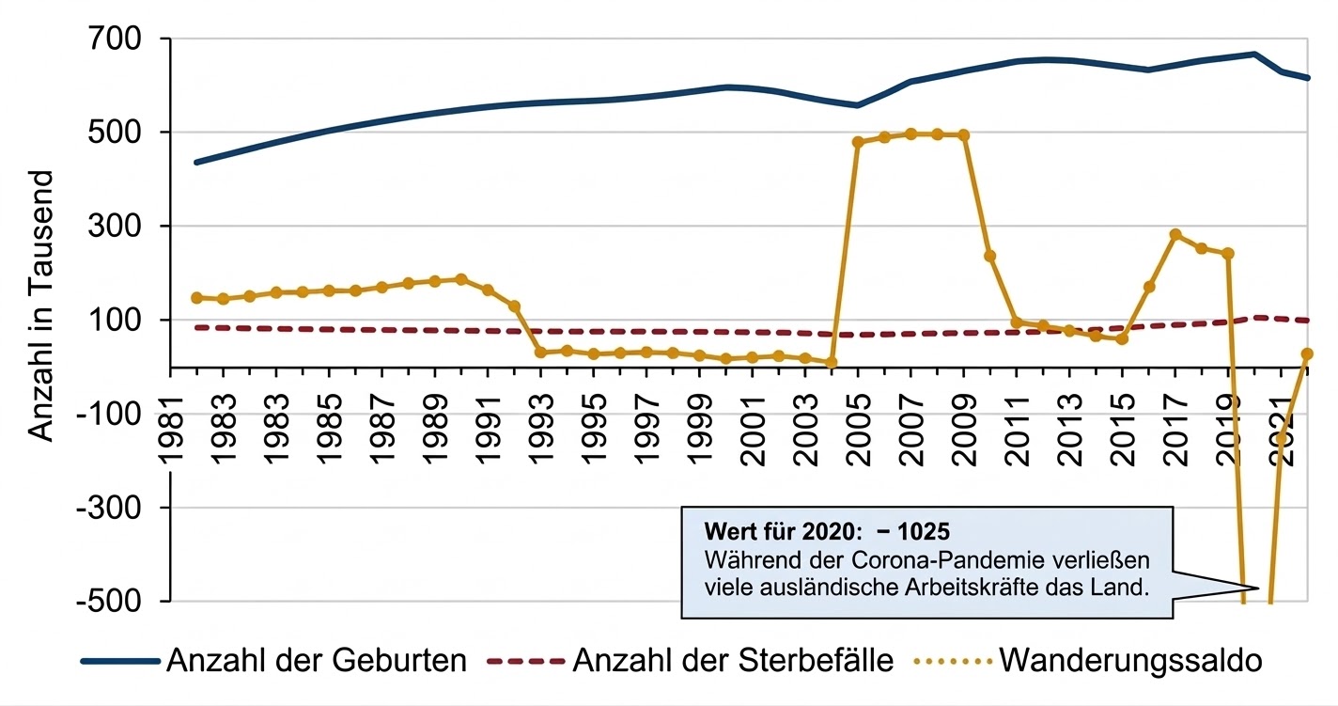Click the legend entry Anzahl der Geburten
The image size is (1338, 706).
tap(316, 661)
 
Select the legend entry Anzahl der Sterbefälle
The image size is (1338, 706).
tap(732, 661)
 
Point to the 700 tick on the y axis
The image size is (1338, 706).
tap(115, 39)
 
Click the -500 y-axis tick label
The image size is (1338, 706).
tap(107, 601)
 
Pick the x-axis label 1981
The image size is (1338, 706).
tap(171, 414)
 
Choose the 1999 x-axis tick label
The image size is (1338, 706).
tap(699, 414)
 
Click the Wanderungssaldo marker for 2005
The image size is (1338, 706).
tap(858, 142)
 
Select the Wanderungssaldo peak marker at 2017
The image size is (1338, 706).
tap(1175, 234)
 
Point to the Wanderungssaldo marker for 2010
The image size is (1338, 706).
tap(989, 256)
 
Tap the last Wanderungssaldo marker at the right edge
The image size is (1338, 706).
tap(1306, 353)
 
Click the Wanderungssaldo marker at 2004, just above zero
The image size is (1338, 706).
tap(832, 362)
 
